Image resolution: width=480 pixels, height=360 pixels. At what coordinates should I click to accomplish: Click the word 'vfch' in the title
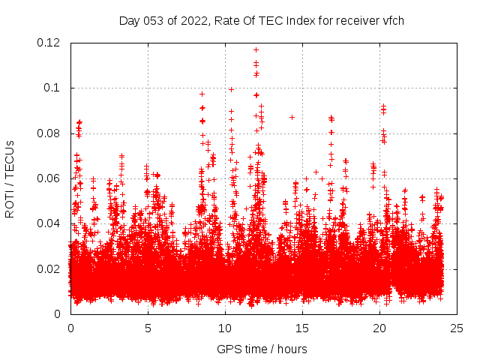click(391, 20)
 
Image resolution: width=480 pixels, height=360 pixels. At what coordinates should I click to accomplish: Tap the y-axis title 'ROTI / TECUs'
click(10, 178)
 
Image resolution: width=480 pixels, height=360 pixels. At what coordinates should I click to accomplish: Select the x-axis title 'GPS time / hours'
click(262, 349)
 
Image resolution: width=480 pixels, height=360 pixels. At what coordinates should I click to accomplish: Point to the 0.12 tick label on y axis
click(50, 43)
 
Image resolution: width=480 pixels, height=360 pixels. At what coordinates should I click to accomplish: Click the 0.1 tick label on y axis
click(55, 88)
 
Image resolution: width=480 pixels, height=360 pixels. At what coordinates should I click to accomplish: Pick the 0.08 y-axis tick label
click(50, 133)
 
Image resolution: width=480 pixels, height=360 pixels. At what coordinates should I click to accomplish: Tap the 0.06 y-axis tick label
click(50, 178)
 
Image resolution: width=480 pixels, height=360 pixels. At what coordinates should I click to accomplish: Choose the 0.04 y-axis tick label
click(50, 223)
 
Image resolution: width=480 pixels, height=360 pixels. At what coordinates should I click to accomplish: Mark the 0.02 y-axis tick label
click(50, 268)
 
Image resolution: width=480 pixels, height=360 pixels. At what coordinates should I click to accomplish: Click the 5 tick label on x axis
click(148, 328)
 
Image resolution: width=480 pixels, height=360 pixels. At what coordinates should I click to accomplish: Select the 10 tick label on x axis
click(225, 328)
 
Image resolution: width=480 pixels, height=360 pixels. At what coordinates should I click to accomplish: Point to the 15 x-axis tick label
click(302, 328)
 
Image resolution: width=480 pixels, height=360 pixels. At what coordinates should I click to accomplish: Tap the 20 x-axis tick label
click(379, 328)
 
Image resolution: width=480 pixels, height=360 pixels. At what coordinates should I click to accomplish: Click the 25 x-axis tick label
click(457, 328)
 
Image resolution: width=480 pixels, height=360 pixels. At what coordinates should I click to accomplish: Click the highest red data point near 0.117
click(256, 50)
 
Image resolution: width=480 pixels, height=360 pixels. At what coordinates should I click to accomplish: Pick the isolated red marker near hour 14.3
click(292, 117)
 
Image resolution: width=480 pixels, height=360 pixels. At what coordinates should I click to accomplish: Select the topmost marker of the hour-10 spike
click(231, 89)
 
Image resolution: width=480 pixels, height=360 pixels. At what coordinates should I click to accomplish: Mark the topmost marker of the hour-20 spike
click(383, 106)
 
